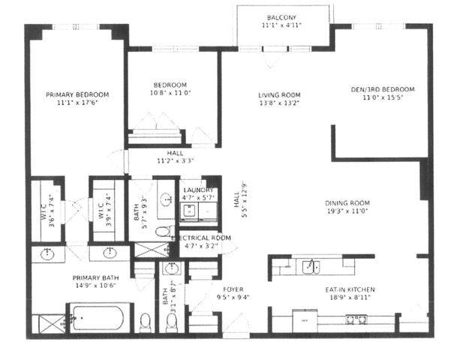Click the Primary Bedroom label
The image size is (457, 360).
click(x=77, y=94)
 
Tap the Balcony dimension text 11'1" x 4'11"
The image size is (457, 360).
click(x=281, y=25)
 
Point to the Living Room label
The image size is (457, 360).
click(x=279, y=95)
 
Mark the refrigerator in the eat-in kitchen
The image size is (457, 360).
click(x=305, y=320)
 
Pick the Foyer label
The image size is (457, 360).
click(x=233, y=288)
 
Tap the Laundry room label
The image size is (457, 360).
click(x=198, y=190)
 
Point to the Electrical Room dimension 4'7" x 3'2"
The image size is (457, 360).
click(x=200, y=245)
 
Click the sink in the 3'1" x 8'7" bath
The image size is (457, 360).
click(x=172, y=268)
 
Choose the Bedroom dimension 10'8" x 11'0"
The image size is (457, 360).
click(x=170, y=94)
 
